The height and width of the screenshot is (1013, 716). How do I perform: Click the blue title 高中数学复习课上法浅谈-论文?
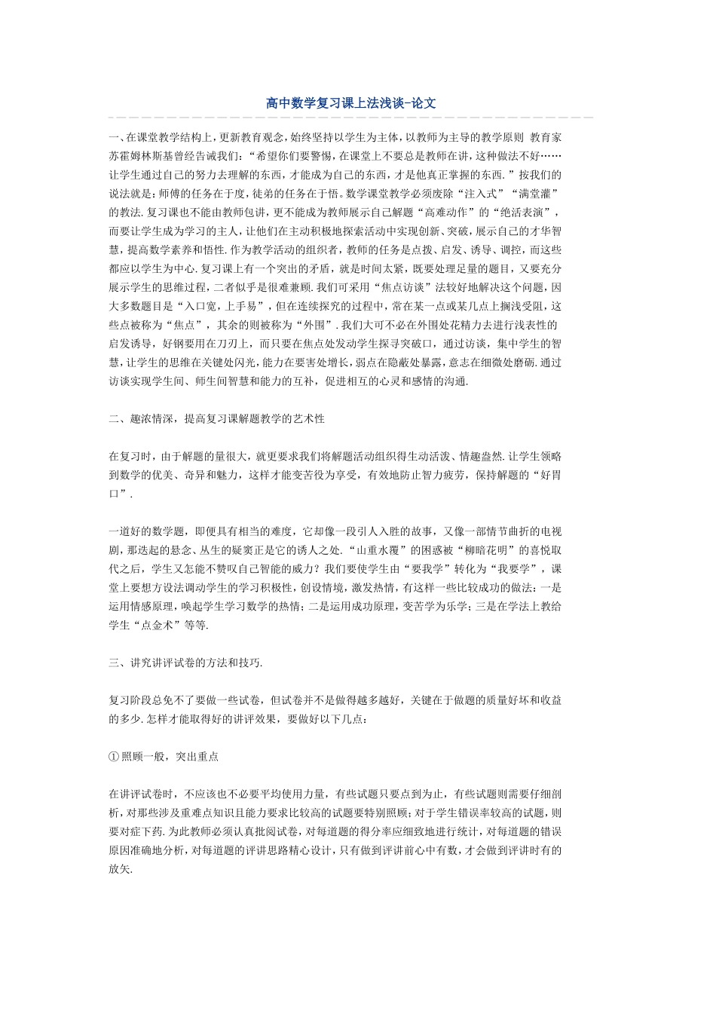[x=351, y=103]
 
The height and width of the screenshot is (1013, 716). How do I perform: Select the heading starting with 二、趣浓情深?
[x=216, y=418]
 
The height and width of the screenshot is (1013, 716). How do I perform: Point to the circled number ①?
[x=115, y=756]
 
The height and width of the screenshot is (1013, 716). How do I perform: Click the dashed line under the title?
[x=351, y=118]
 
